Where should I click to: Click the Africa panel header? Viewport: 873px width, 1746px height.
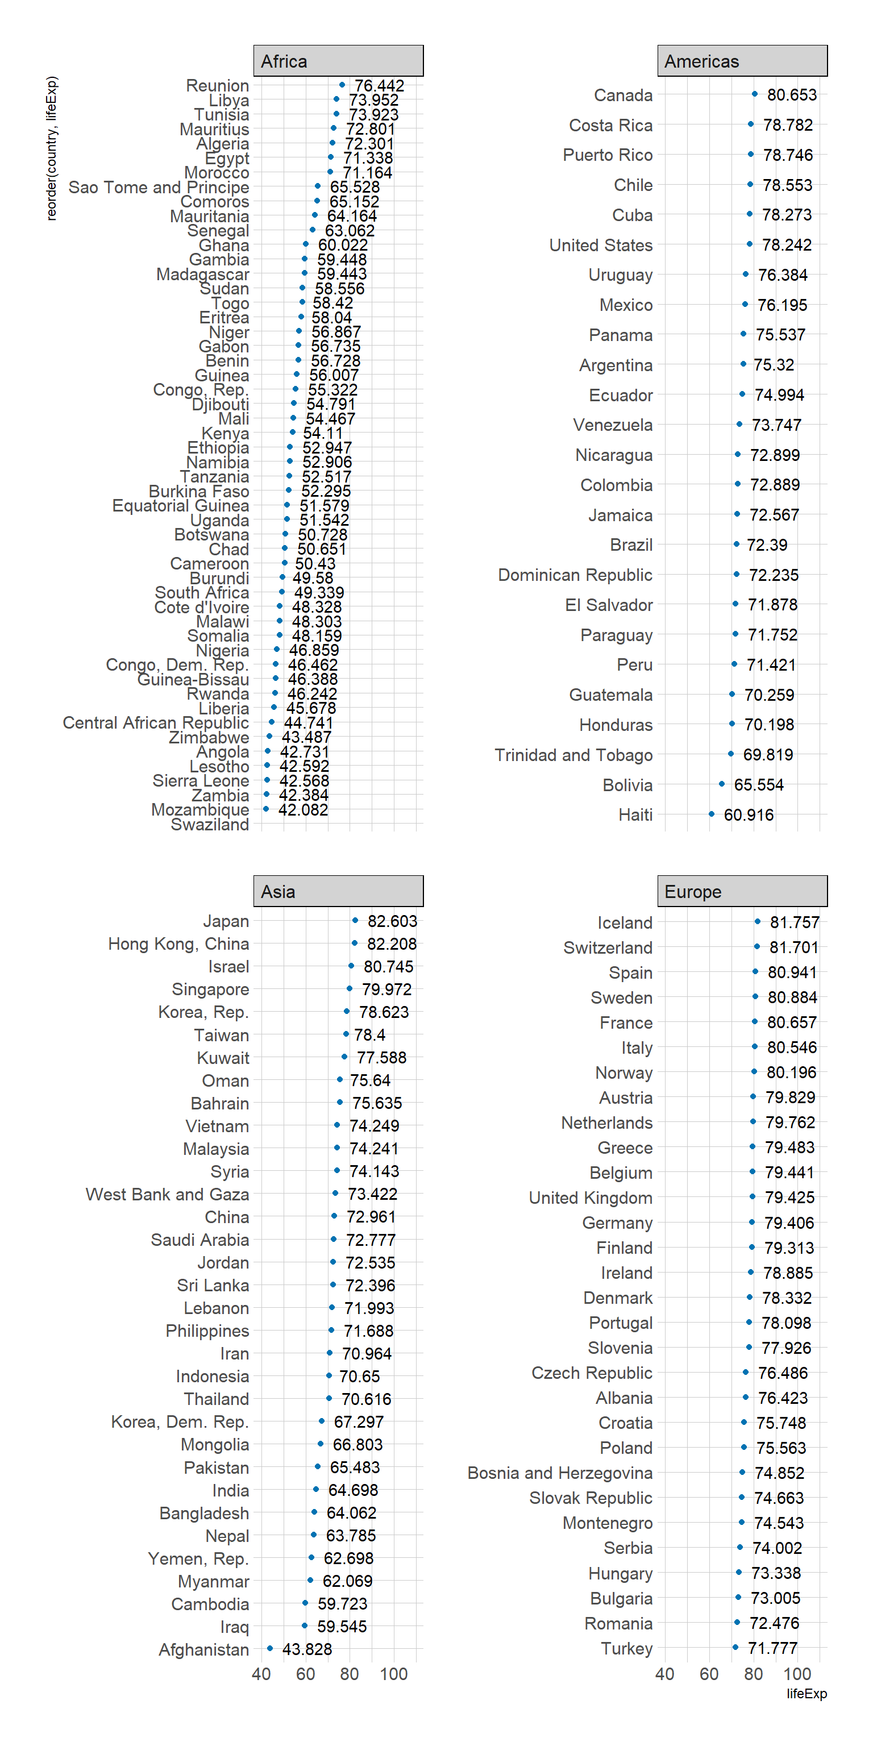tap(338, 61)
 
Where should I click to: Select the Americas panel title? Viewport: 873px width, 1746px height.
tap(742, 61)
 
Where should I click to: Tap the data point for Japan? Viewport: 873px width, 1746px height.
tap(355, 920)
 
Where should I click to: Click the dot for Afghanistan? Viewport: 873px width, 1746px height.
tap(270, 1648)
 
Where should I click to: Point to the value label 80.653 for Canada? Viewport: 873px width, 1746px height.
tap(792, 95)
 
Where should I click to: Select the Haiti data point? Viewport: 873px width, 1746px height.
tap(712, 814)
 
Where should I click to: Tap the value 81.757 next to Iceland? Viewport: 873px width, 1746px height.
tap(795, 922)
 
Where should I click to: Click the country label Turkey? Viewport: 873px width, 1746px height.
tap(626, 1648)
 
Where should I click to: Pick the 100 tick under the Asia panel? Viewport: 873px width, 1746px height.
tap(394, 1674)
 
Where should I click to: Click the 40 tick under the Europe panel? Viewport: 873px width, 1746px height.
tap(665, 1674)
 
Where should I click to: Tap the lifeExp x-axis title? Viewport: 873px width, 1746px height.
tap(807, 1693)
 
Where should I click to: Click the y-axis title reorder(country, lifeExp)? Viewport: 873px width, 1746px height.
tap(52, 148)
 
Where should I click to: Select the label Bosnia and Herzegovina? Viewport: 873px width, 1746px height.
tap(560, 1473)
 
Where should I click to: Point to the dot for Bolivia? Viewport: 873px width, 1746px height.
tap(722, 784)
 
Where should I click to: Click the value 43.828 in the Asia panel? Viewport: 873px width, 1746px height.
tap(307, 1649)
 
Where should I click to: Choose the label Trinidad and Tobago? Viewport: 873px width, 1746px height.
tap(573, 755)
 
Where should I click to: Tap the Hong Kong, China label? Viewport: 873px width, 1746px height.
tap(178, 943)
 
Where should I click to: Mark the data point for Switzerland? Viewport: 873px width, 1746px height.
tap(757, 947)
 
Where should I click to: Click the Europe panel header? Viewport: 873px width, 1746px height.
tap(742, 891)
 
